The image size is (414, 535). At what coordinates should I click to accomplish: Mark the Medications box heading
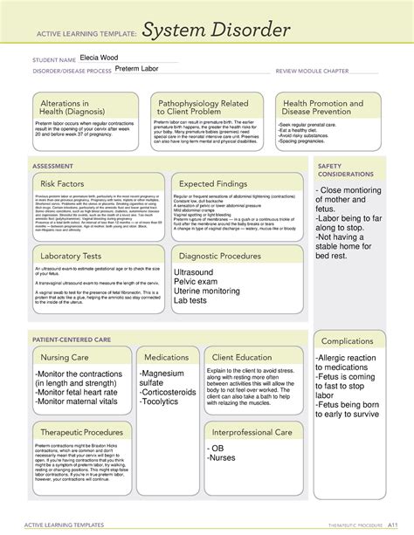point(166,357)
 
